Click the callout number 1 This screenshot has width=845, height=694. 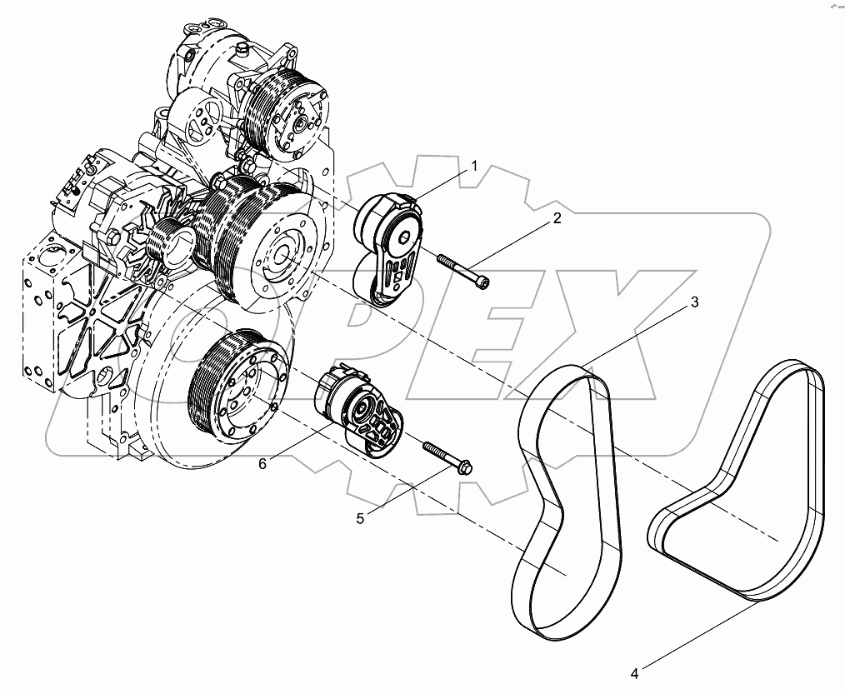[473, 167]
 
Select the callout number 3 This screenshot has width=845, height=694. [693, 303]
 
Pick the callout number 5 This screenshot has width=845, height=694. [360, 518]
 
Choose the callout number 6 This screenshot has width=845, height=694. [262, 463]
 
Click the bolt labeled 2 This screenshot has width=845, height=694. [458, 271]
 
